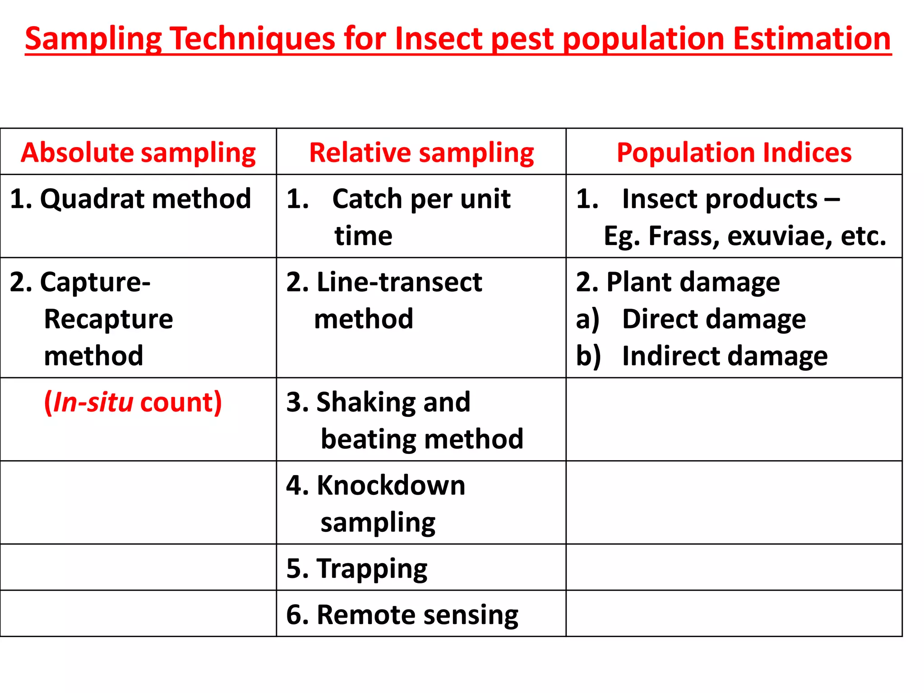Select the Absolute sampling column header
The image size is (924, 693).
(138, 152)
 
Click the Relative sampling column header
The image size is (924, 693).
(421, 152)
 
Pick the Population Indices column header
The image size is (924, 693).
(734, 152)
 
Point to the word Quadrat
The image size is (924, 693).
(94, 199)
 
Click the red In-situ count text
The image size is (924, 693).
(133, 402)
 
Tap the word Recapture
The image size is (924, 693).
(108, 319)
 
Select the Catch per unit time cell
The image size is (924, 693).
(421, 217)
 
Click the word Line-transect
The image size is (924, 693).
(399, 282)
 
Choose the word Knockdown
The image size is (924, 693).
(391, 485)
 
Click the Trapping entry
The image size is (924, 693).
(372, 568)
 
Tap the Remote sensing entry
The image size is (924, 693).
(417, 614)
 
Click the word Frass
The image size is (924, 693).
(684, 236)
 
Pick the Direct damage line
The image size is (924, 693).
(714, 319)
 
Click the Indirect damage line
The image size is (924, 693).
(725, 356)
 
